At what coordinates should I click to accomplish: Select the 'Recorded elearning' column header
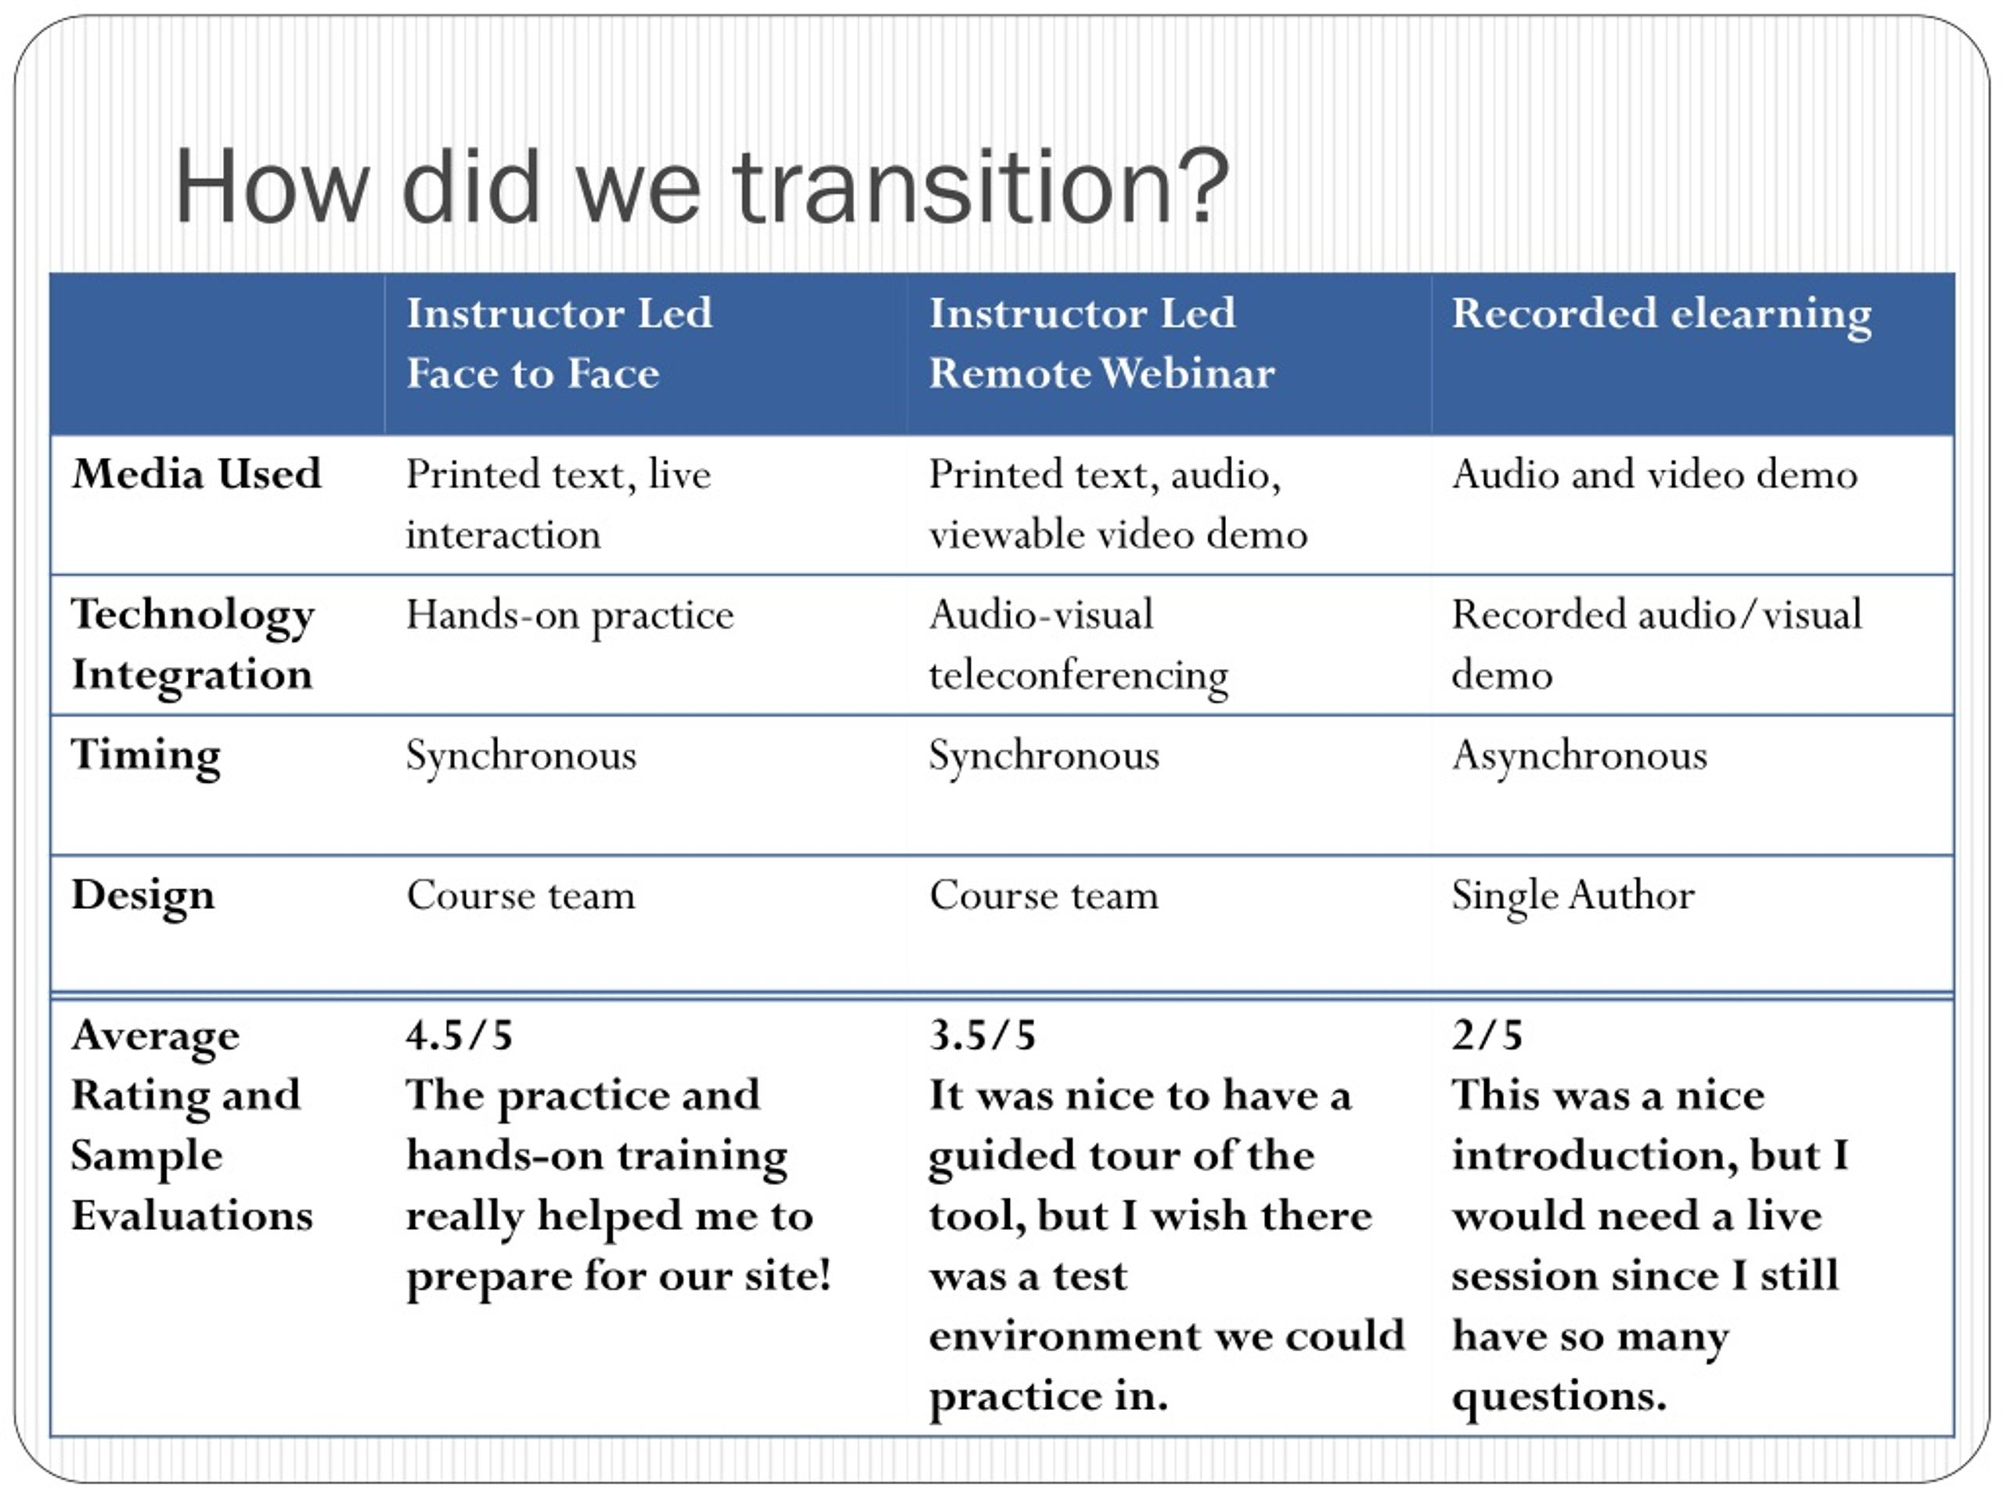click(1662, 315)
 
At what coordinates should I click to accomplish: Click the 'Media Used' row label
click(196, 473)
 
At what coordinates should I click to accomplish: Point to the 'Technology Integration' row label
click(193, 644)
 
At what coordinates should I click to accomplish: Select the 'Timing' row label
click(146, 755)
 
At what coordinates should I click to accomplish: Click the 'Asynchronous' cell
click(1579, 755)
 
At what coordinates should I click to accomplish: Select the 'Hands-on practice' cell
click(570, 615)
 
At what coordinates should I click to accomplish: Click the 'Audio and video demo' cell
click(1654, 474)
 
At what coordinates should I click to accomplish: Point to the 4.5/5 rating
click(460, 1035)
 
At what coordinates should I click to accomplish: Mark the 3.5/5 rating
click(982, 1035)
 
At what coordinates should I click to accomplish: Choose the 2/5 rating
click(1487, 1035)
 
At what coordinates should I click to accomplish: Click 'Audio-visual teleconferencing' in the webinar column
click(1078, 644)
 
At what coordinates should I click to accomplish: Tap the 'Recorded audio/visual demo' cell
click(1657, 644)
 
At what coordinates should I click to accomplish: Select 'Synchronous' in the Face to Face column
click(521, 755)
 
